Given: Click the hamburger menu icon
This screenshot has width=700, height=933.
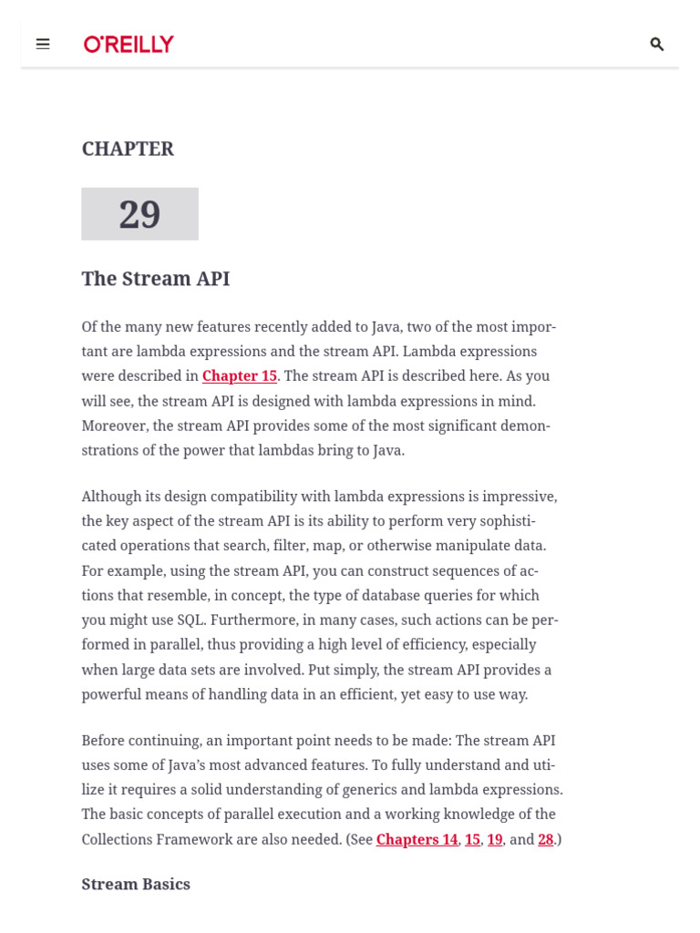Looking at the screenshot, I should [43, 44].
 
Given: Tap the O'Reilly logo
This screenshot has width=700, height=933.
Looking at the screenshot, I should [129, 44].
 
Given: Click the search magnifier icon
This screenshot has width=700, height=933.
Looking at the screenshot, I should [656, 44].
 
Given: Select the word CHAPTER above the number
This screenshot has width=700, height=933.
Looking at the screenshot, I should [128, 149].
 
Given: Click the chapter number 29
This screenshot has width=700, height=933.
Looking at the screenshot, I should [139, 214].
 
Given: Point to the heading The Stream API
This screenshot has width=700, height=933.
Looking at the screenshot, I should [155, 279].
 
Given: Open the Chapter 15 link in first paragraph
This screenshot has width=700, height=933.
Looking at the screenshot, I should [239, 376].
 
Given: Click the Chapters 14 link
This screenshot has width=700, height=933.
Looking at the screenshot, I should [417, 839].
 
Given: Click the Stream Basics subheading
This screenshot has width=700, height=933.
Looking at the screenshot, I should [136, 884].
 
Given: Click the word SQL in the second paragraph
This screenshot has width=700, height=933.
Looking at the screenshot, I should [190, 620].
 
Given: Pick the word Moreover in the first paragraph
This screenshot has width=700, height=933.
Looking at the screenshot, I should [114, 425].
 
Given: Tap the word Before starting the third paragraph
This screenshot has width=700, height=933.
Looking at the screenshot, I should [103, 741].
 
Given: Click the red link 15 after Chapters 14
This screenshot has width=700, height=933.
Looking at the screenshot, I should [472, 839].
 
